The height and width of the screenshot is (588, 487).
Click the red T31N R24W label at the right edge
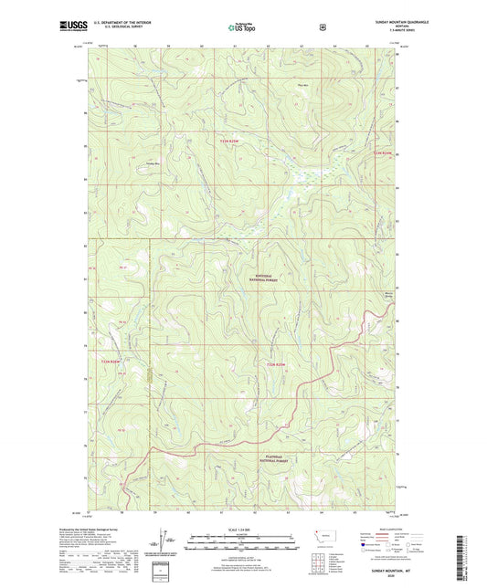[383, 152]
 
